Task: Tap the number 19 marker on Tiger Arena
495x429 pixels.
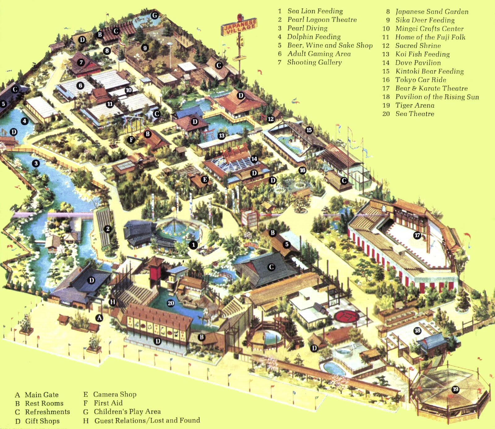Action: (x=455, y=389)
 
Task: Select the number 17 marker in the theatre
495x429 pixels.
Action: (x=417, y=235)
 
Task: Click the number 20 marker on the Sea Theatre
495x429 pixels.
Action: (x=171, y=303)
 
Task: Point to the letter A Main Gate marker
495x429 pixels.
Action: (x=99, y=318)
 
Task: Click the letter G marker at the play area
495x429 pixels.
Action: (x=155, y=15)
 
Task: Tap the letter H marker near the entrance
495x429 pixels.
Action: (x=113, y=302)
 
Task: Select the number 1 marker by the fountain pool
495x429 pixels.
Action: (x=193, y=245)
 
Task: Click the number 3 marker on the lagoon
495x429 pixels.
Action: (x=36, y=163)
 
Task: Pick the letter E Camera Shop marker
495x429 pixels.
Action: (x=204, y=179)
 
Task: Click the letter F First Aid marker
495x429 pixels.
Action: (x=131, y=139)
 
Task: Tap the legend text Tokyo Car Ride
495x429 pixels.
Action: (x=420, y=80)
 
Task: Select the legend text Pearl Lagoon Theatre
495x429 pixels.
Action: (x=322, y=20)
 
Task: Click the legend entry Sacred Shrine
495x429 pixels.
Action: (x=418, y=46)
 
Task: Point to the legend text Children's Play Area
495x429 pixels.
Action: (x=127, y=412)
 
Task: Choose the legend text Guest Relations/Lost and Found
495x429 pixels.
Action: (x=147, y=420)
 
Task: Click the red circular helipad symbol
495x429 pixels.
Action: (x=347, y=316)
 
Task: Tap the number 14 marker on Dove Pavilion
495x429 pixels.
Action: (x=254, y=159)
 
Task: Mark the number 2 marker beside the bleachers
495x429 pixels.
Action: (x=108, y=229)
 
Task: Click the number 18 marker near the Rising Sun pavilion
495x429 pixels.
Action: (x=417, y=331)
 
